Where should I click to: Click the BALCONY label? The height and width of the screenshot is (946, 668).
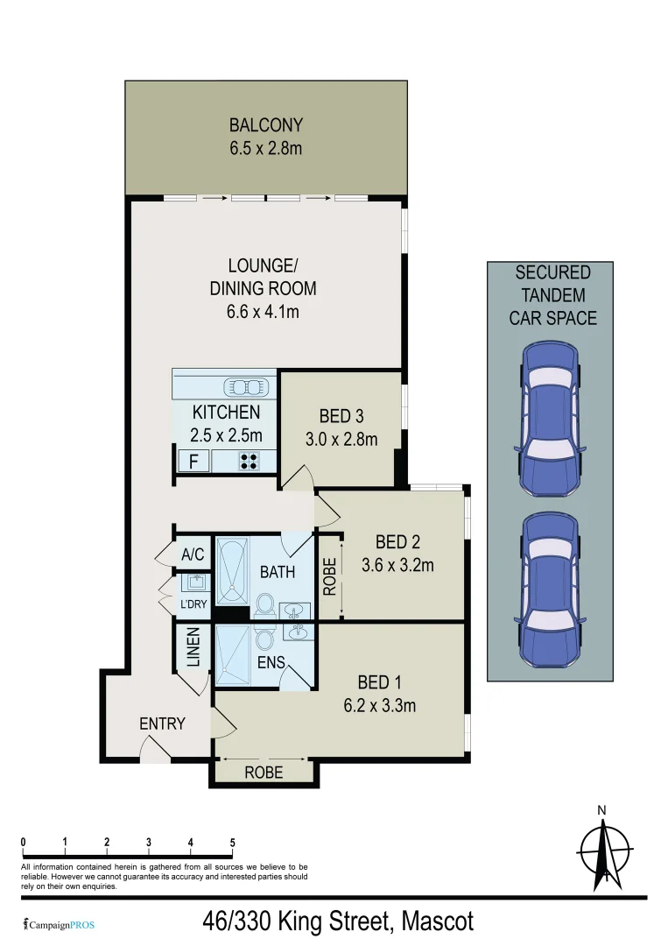click(x=265, y=125)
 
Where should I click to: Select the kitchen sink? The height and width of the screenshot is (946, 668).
click(x=247, y=386)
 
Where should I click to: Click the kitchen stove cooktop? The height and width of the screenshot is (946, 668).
click(x=250, y=461)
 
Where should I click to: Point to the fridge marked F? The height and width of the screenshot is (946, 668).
click(x=191, y=462)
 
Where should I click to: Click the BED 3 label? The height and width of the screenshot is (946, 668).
click(x=341, y=416)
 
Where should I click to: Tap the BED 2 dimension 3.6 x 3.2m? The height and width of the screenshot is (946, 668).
click(x=397, y=565)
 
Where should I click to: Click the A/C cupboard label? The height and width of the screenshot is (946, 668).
click(x=193, y=554)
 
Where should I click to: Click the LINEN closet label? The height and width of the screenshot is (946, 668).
click(x=193, y=646)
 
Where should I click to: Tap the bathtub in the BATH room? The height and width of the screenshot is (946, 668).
click(x=232, y=571)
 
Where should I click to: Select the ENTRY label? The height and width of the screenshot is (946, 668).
click(x=162, y=724)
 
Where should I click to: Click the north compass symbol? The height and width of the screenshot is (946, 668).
click(x=604, y=848)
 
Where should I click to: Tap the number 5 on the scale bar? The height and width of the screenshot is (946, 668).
click(x=233, y=843)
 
